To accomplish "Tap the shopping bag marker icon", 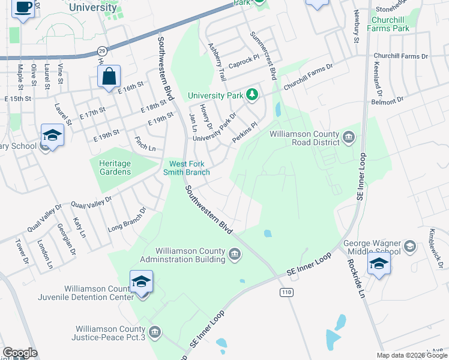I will coord(109,77).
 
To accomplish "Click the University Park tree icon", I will coord(253,95).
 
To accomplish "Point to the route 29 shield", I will coord(102,50).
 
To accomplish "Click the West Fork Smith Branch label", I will coord(190,168).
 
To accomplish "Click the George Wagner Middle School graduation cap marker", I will coord(379,264).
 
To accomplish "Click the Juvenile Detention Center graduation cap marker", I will coord(141,282).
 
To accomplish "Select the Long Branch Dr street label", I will coord(127,220).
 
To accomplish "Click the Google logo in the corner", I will coord(20,353).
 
